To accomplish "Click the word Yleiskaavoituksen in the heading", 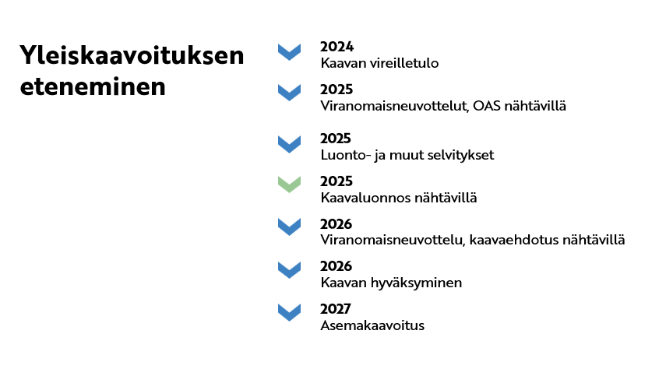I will [132, 56].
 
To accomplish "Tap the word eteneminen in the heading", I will [93, 86].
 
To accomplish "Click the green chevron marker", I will [289, 184].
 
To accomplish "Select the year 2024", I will [337, 47].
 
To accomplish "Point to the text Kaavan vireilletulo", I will [379, 63].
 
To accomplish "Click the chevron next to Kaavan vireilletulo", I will [289, 52].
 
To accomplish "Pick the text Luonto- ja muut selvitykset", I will [407, 155].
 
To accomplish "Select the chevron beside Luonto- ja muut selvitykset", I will [289, 144].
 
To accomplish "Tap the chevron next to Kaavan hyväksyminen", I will [289, 269].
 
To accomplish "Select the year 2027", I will [337, 309].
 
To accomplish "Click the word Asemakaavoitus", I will [372, 325].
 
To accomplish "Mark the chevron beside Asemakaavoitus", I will [289, 312].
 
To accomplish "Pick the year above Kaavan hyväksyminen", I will [337, 266].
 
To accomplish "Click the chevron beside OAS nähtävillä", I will [289, 93].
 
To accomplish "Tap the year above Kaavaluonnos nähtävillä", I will [337, 181].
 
